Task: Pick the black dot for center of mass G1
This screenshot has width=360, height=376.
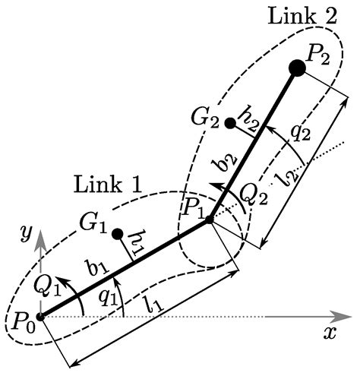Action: (118, 232)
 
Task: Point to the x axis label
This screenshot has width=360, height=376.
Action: (330, 333)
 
